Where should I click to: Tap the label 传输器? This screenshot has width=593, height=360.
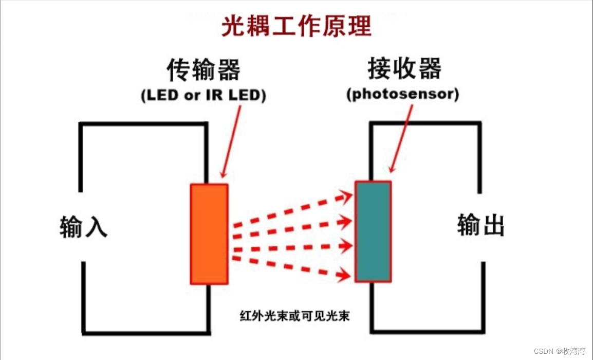click(x=203, y=69)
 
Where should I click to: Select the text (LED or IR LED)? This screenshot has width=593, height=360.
click(x=203, y=96)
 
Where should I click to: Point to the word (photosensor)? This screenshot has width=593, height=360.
click(x=402, y=95)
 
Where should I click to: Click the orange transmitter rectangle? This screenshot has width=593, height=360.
click(x=209, y=234)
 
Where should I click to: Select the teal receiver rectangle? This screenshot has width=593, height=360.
click(x=373, y=231)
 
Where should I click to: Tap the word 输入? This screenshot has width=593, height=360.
click(x=83, y=227)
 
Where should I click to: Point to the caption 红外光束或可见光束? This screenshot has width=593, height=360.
click(x=294, y=315)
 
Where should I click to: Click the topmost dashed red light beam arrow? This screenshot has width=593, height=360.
click(x=293, y=210)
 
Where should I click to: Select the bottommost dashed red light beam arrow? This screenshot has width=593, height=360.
click(x=293, y=268)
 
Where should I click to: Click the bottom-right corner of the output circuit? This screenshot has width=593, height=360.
click(x=483, y=332)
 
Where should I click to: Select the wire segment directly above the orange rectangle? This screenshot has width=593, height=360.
click(x=207, y=154)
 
